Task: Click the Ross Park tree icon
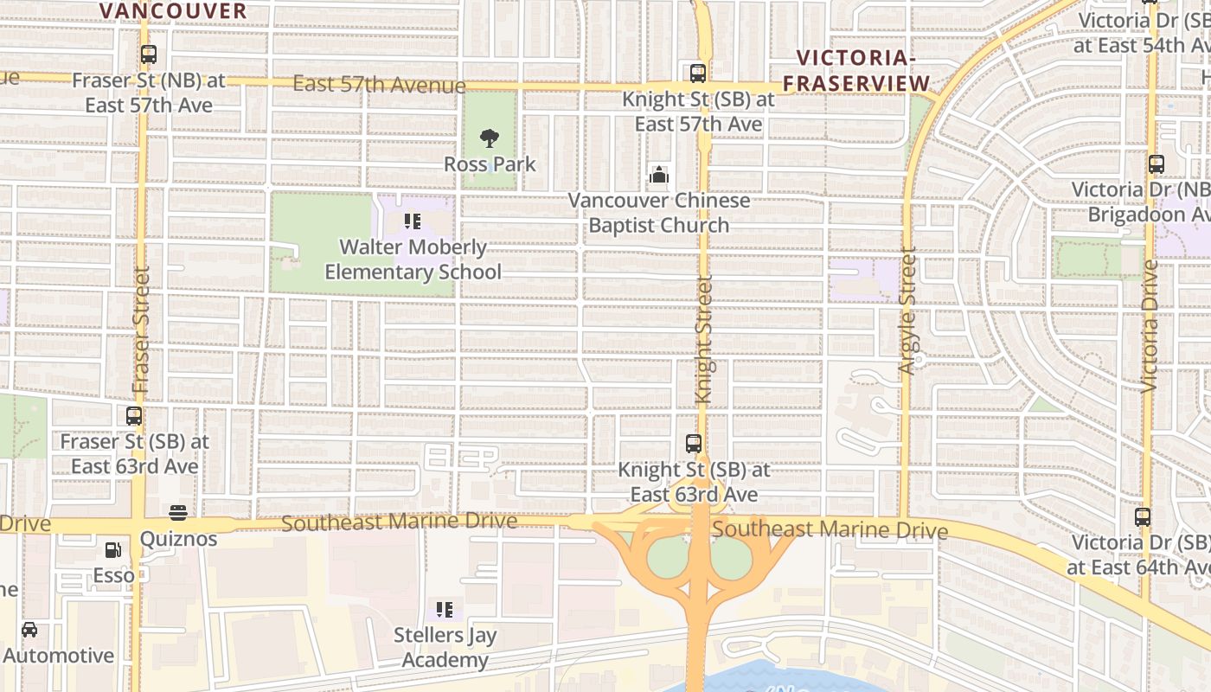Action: click(490, 138)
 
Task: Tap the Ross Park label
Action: click(490, 164)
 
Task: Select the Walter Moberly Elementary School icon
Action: click(413, 221)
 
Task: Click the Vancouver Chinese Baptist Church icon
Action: click(659, 176)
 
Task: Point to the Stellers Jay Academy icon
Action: click(445, 610)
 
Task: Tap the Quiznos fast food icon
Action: click(178, 513)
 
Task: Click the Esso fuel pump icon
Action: click(113, 549)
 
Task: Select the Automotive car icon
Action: click(29, 630)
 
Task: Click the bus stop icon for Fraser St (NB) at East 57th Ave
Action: click(149, 54)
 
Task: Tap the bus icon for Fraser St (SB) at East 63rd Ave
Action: click(134, 416)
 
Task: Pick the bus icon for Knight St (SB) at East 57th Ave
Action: click(698, 74)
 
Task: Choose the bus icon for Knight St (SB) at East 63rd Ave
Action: click(694, 444)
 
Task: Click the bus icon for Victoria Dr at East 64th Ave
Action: click(1143, 517)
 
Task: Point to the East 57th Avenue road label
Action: click(379, 85)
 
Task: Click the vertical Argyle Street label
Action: click(907, 311)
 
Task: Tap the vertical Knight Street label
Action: click(704, 340)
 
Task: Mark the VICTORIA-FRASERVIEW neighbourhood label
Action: click(862, 70)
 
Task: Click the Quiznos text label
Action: click(178, 539)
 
